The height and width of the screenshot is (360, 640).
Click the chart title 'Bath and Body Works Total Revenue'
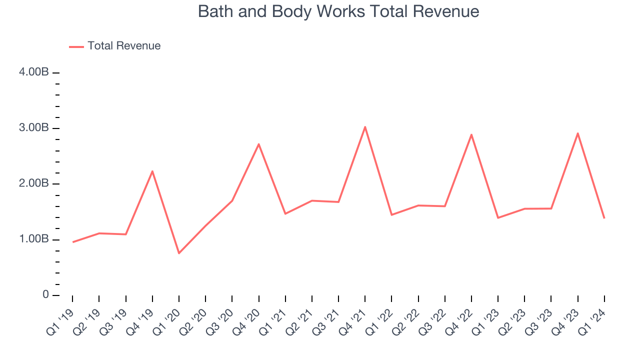(338, 11)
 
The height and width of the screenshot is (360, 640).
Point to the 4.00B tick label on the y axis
(33, 72)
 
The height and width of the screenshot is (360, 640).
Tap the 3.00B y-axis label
(33, 128)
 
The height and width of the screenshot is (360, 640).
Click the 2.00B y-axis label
(33, 183)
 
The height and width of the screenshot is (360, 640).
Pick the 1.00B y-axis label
(33, 239)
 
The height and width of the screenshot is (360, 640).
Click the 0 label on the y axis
(45, 295)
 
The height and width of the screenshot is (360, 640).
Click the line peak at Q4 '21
(365, 127)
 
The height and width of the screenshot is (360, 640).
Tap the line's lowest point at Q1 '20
(179, 253)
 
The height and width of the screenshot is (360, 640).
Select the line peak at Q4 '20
(258, 144)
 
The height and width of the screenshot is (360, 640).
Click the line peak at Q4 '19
(152, 171)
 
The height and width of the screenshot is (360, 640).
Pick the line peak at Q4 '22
(471, 134)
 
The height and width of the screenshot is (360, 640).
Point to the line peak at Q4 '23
(578, 133)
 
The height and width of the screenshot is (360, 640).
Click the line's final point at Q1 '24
(604, 218)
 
